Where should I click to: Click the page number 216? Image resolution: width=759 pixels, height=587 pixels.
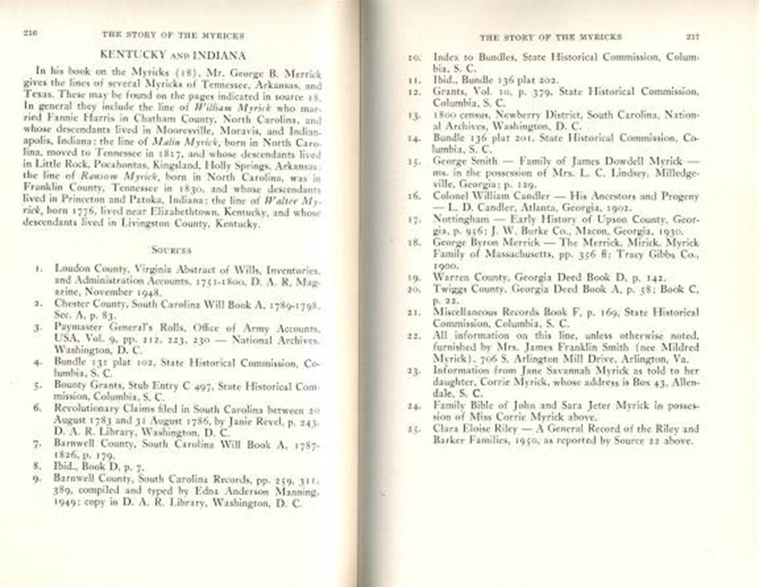32,34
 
